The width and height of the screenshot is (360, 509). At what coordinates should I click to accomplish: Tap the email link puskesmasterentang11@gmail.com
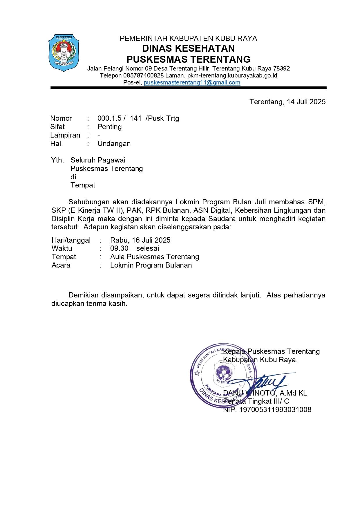coord(192,82)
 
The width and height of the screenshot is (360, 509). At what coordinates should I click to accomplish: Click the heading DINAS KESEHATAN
coord(188,48)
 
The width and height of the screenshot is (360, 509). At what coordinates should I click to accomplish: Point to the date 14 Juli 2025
coord(306,102)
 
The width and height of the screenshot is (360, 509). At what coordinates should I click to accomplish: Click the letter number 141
coord(135,118)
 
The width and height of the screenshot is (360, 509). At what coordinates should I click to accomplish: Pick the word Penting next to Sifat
coord(109,127)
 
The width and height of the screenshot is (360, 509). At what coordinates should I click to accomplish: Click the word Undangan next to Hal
coord(114,144)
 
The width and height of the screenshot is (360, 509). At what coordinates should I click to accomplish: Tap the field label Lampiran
coord(65,135)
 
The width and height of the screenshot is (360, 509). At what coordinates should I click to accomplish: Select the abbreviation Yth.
coord(57,160)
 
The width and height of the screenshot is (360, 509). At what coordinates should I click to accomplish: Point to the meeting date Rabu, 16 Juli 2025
coord(140,240)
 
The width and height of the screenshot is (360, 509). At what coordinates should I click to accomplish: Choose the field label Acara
coord(61,265)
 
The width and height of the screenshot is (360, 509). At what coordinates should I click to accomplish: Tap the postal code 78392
coord(281,69)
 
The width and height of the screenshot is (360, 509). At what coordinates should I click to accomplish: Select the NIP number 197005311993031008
coord(275,410)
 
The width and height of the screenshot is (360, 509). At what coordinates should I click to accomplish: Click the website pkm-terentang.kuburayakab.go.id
coord(232,75)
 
